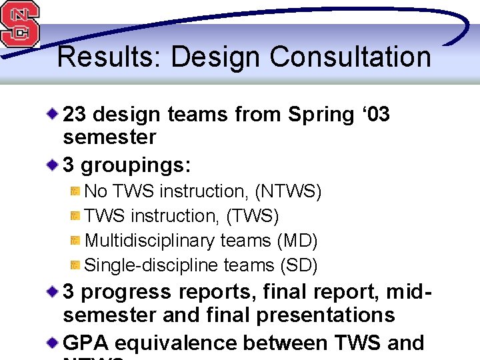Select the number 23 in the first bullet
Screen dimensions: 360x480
75,115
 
